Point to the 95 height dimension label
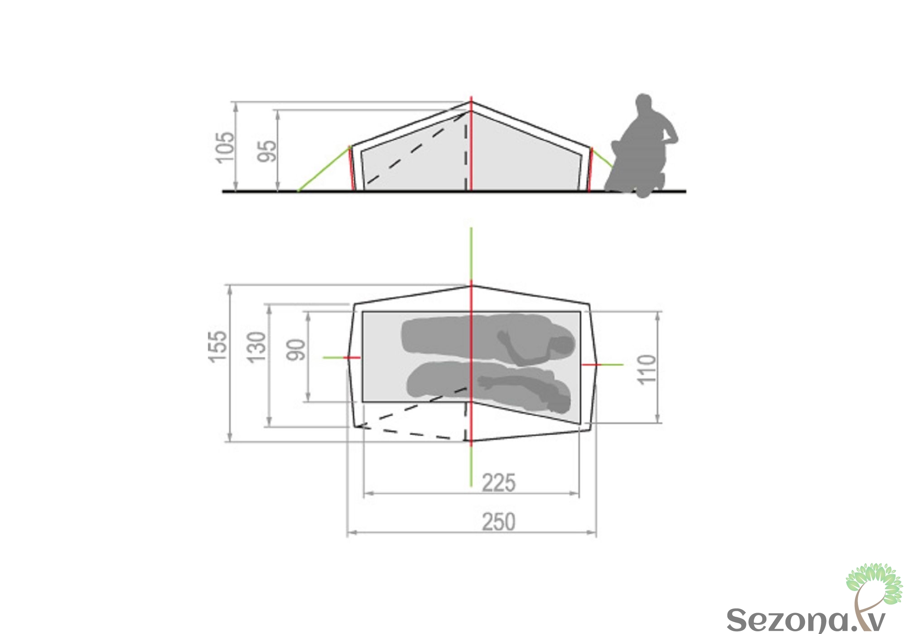[x=267, y=151]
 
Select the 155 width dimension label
[x=217, y=346]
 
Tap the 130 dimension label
[x=256, y=347]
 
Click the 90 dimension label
[x=296, y=350]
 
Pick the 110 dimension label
[x=646, y=370]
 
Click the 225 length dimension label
[x=498, y=483]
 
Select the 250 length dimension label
[x=498, y=522]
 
